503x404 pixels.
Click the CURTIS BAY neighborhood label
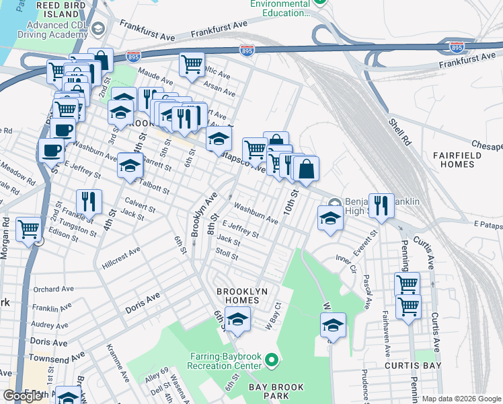pos(412,366)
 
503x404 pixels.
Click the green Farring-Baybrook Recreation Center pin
pos(272,362)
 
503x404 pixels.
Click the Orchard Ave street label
pos(52,290)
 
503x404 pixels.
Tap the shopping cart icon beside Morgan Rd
pos(28,230)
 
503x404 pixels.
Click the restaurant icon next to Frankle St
pos(88,201)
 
